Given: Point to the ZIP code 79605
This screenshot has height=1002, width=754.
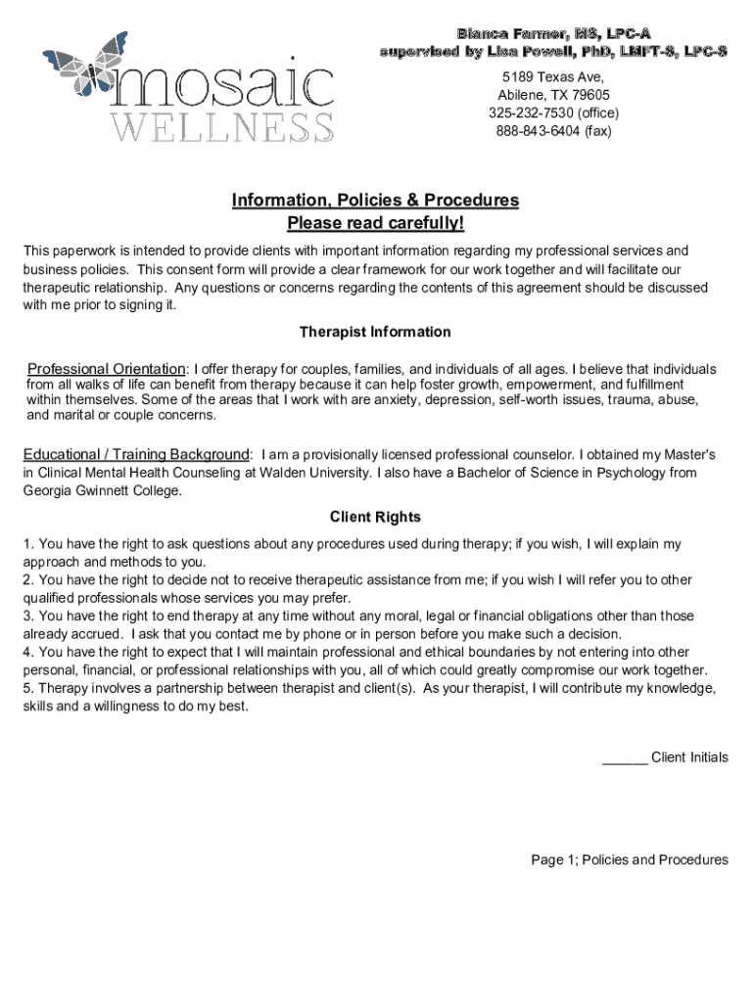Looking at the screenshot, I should point(589,95).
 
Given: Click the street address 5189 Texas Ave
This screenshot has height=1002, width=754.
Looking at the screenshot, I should point(552,77).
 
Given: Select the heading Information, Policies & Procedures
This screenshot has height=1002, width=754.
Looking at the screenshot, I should point(375,201).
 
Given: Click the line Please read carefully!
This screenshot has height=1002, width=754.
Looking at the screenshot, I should point(375,225).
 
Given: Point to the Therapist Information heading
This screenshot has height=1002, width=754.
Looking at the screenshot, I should point(375,332).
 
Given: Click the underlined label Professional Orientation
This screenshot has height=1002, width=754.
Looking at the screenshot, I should point(106,369).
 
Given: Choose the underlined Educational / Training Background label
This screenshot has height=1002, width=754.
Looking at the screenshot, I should point(137,455).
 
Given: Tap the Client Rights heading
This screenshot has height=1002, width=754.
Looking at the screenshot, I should point(375,517).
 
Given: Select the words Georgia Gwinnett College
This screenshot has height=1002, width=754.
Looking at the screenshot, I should point(102,490).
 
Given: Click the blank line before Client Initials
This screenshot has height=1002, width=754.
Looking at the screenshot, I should point(624,757).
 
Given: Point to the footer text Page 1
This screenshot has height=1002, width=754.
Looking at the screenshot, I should point(552,860).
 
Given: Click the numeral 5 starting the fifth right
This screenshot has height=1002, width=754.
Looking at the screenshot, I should point(27,688).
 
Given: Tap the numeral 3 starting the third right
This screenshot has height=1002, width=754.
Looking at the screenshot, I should point(27,615).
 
